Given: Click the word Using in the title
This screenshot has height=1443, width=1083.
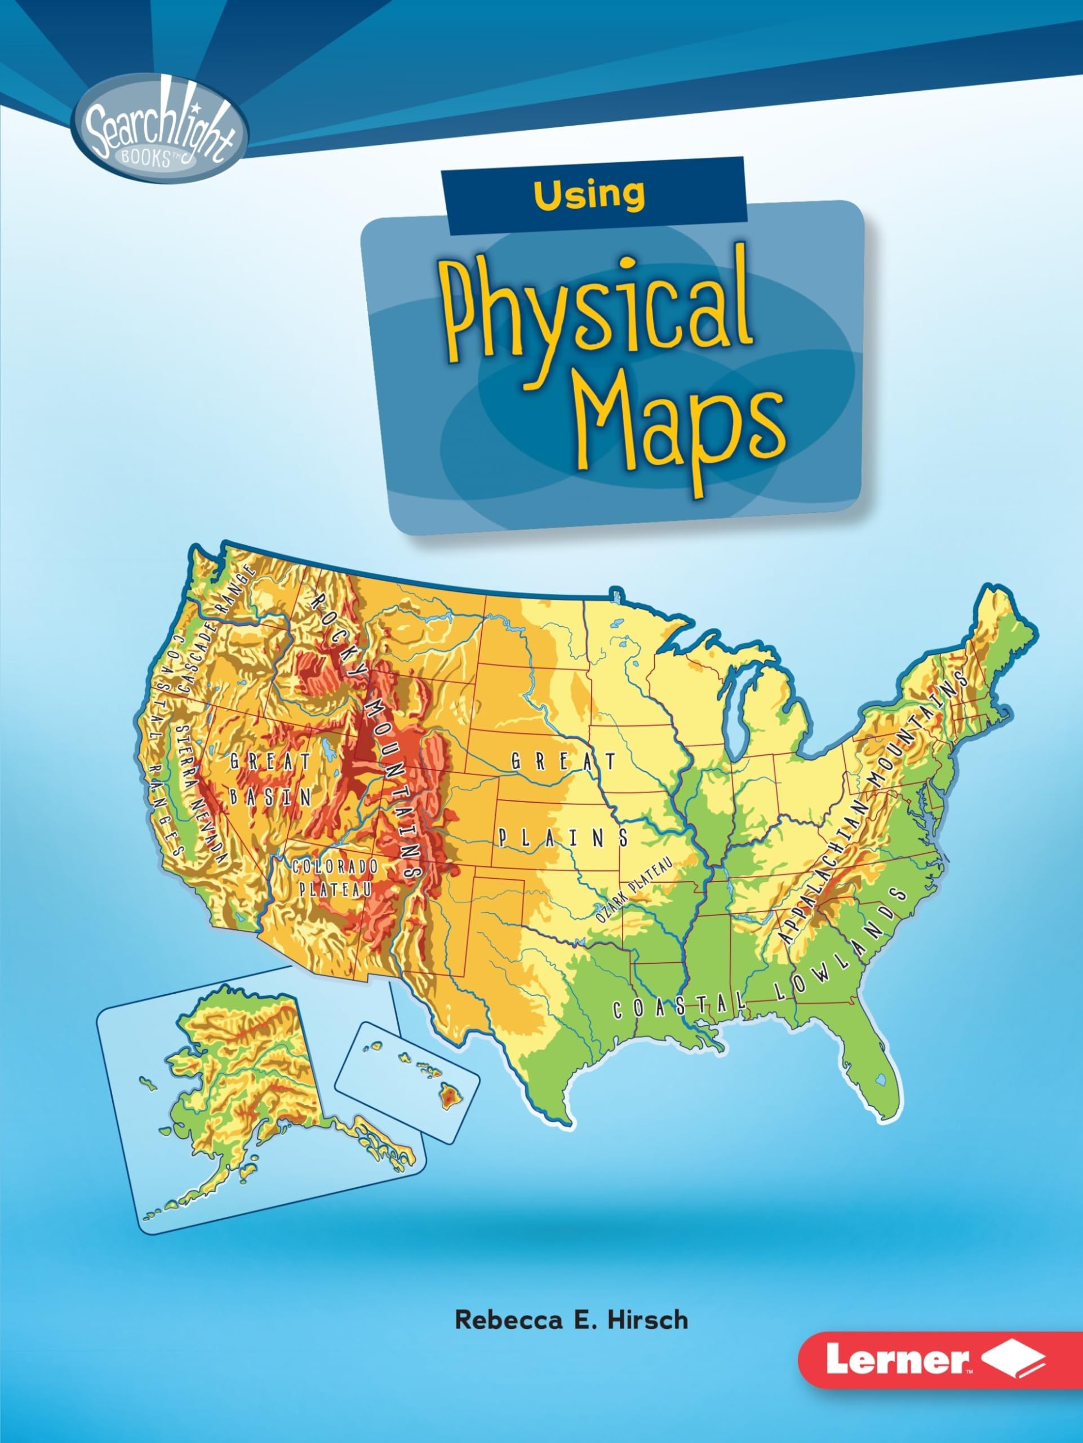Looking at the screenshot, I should (589, 194).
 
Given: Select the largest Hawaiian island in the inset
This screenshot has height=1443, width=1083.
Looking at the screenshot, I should (449, 1093).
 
